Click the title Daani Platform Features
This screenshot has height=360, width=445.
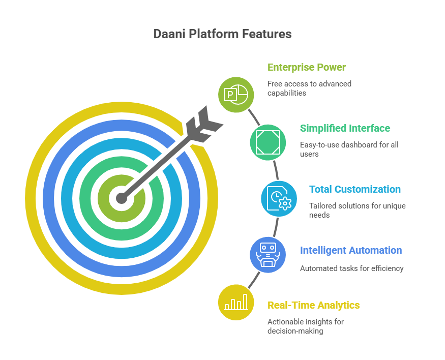222,34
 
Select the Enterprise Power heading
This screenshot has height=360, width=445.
306,67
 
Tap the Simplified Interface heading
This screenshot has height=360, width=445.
345,128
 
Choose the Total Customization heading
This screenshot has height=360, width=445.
355,189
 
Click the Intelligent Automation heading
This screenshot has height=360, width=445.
350,250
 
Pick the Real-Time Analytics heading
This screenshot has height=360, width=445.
313,305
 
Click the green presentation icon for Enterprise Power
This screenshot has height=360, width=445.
236,94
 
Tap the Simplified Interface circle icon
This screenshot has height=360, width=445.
268,142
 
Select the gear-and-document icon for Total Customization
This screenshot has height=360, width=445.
279,198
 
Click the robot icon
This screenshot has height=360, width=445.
268,254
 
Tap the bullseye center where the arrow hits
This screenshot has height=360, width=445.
121,198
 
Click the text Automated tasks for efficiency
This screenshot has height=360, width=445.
351,268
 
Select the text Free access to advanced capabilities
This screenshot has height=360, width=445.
309,88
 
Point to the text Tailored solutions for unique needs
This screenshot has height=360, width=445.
357,211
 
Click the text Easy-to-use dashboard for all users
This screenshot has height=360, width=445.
348,149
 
